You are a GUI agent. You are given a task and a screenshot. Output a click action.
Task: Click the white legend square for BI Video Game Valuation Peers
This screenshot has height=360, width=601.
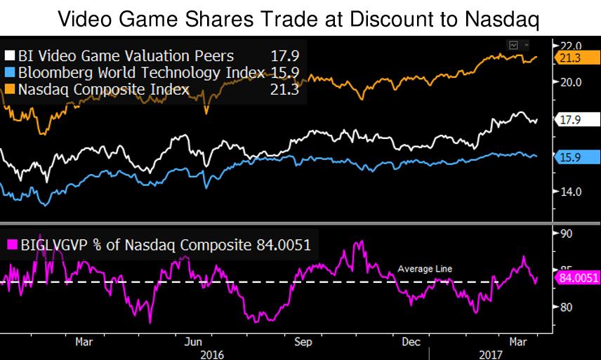(11, 55)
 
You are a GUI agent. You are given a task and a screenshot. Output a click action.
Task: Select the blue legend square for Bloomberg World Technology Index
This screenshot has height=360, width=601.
(11, 72)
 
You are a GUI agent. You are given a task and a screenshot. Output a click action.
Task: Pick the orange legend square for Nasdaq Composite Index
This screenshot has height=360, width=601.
(11, 89)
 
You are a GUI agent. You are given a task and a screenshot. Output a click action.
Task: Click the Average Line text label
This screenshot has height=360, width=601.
(425, 269)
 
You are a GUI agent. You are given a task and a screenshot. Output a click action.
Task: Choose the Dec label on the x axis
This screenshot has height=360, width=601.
(412, 342)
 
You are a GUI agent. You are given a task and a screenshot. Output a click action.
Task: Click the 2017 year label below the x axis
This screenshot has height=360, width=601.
(491, 354)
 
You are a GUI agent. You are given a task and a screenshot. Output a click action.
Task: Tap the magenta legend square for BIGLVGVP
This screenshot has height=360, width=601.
(11, 244)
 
